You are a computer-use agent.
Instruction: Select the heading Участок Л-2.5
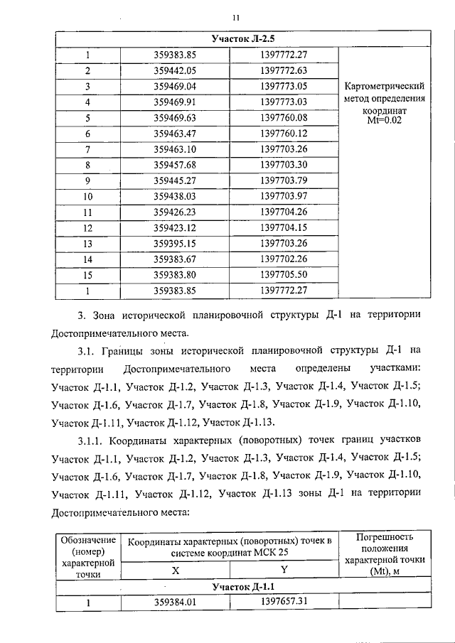(243, 38)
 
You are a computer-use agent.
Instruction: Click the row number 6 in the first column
(88, 134)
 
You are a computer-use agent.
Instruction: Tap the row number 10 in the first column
(88, 196)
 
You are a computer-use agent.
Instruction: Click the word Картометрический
(384, 86)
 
